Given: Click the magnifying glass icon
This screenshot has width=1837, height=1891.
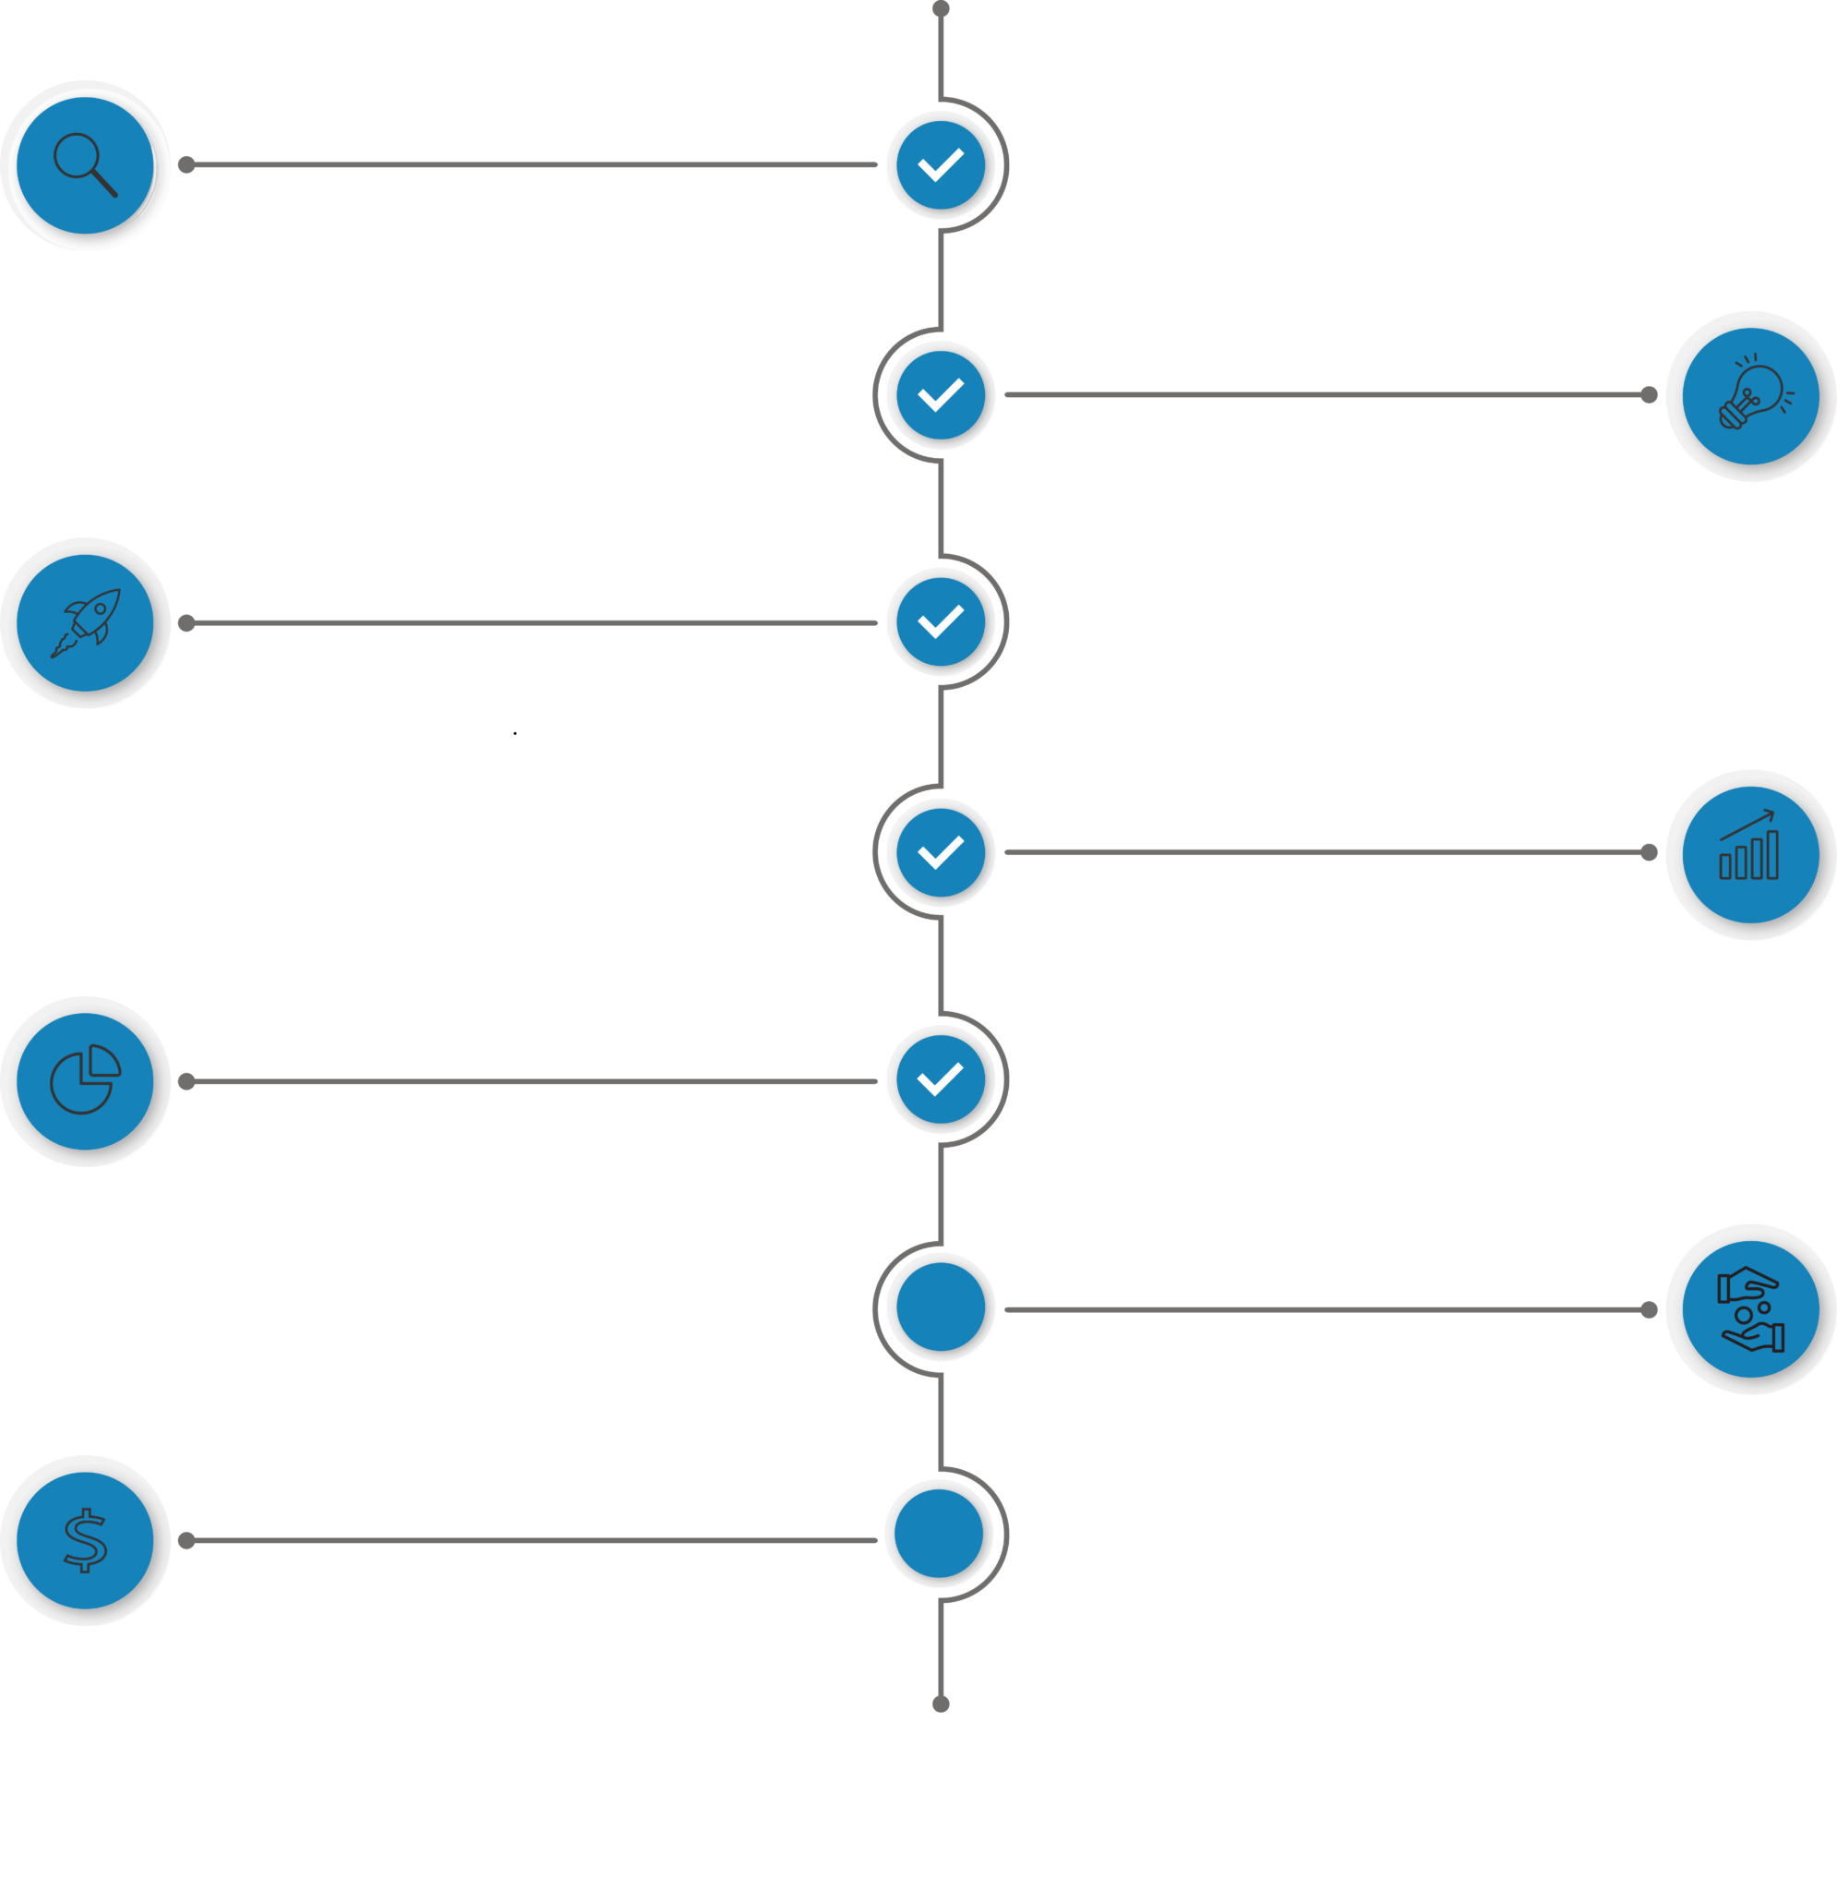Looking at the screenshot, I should tap(85, 165).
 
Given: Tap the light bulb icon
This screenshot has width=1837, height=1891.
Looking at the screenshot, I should tap(1751, 395).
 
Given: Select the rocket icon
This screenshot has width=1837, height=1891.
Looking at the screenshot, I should tap(85, 623).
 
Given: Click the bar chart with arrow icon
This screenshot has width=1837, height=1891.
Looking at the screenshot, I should tap(1751, 853).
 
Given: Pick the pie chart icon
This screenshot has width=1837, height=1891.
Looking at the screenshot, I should tap(85, 1080).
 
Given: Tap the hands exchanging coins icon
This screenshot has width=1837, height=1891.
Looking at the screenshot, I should tap(1751, 1309).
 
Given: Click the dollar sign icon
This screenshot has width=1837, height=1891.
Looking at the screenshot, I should tap(85, 1540).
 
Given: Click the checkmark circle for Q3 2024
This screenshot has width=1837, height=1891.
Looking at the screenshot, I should tap(941, 622).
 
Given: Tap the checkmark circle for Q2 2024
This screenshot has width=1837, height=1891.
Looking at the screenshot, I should tap(941, 394).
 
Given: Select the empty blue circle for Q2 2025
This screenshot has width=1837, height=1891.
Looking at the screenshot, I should tap(941, 1307).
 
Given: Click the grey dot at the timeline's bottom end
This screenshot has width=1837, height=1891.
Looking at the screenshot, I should tap(941, 1704).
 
